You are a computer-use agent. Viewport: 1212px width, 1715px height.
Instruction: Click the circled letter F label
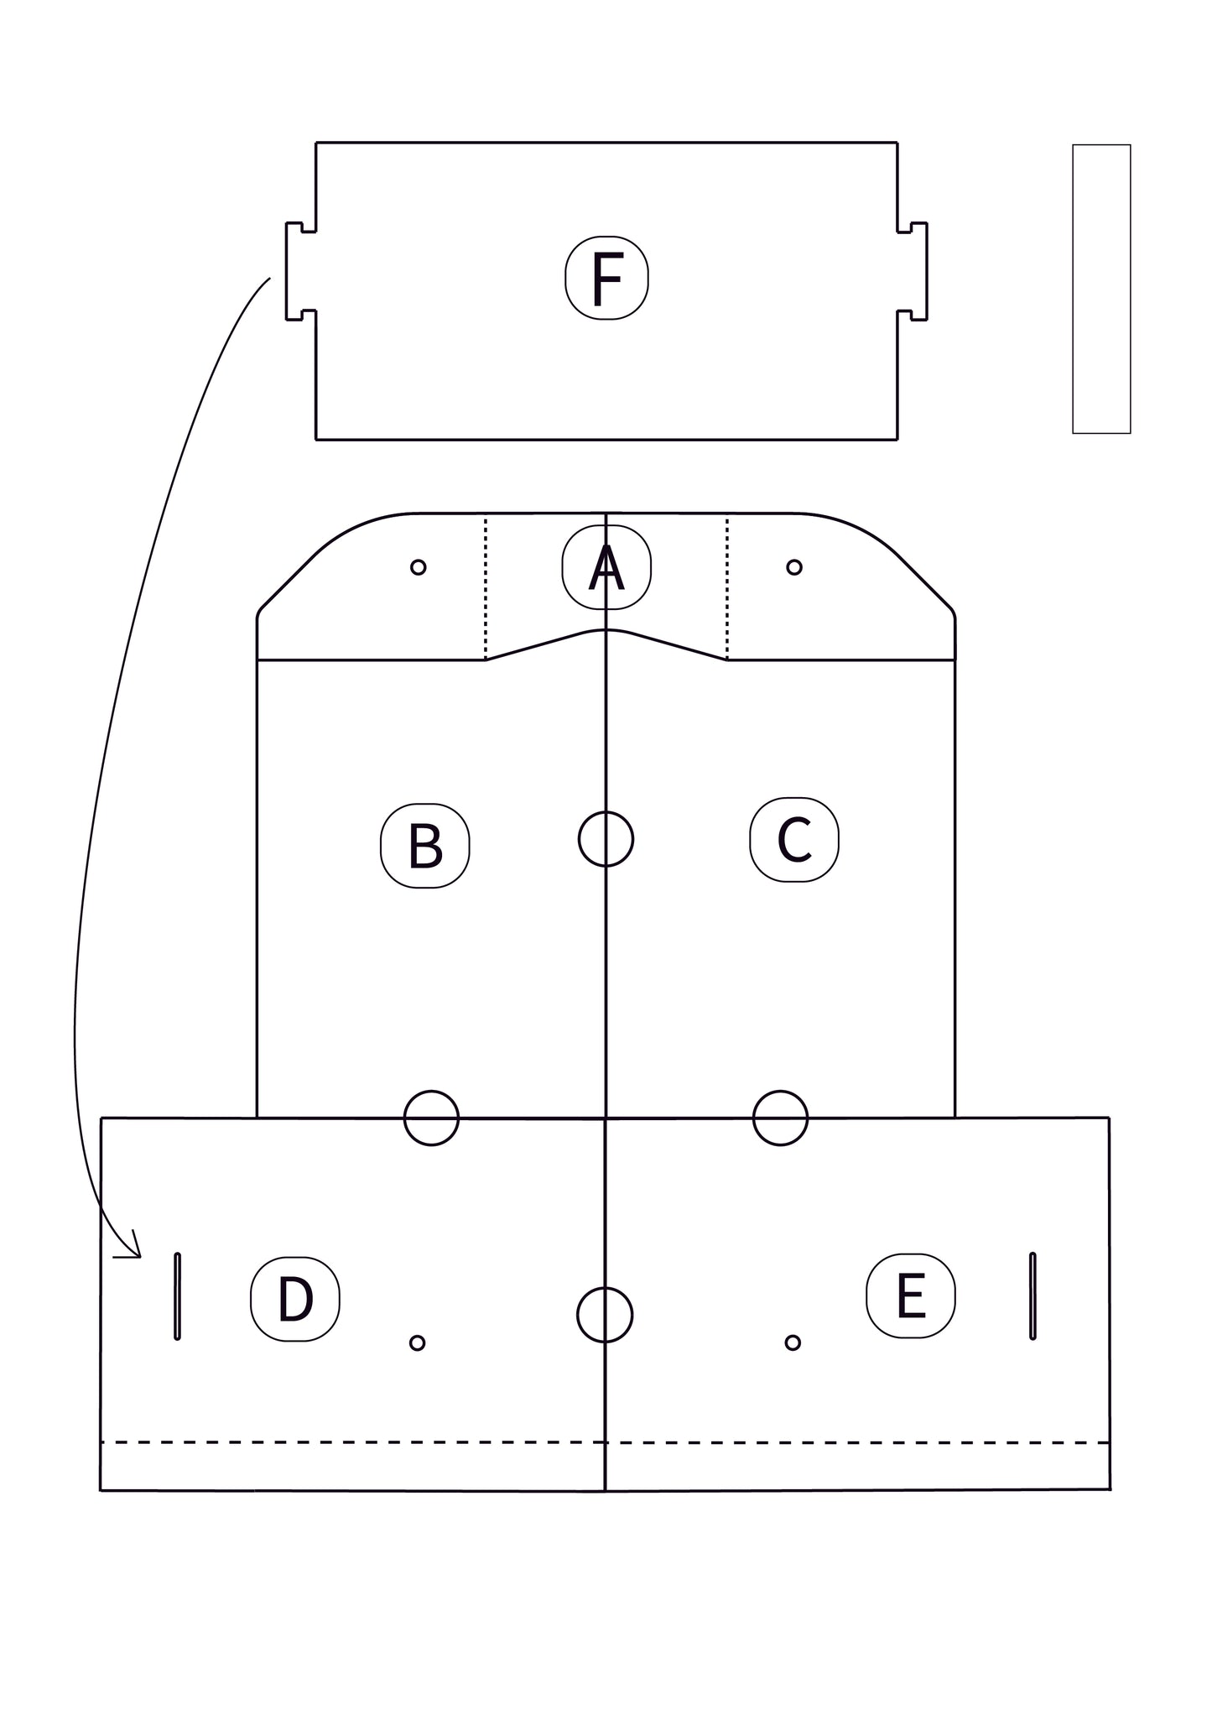tap(606, 278)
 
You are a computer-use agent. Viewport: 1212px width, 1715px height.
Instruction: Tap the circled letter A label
tap(606, 567)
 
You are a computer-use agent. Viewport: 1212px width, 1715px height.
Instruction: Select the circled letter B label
tap(425, 846)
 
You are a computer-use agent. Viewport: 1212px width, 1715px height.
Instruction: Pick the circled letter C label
tap(794, 840)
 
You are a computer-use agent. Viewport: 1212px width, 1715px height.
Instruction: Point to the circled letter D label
tap(295, 1299)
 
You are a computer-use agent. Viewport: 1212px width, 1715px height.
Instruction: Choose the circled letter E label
tap(911, 1295)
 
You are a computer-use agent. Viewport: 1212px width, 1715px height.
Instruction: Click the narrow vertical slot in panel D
tap(177, 1296)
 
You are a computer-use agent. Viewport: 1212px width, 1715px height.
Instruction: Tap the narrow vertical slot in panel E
tap(1033, 1296)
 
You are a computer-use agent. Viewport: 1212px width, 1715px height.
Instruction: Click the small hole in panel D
tap(417, 1343)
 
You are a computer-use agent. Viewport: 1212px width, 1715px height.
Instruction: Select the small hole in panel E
tap(793, 1343)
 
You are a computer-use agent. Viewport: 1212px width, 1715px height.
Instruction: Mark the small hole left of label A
tap(419, 567)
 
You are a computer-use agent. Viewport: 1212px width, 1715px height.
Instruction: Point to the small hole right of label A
tap(794, 567)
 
